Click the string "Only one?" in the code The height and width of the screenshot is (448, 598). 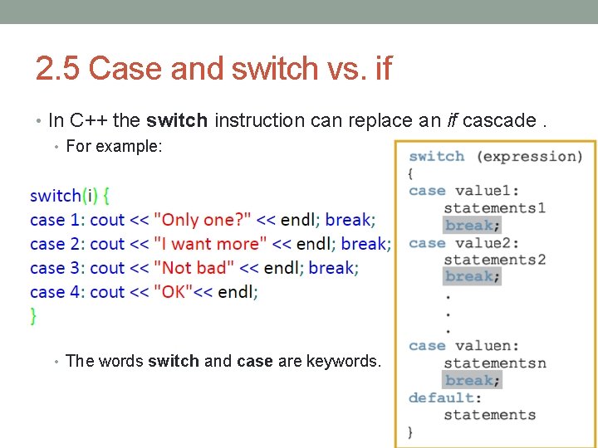click(x=203, y=220)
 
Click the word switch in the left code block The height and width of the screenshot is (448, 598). click(x=55, y=196)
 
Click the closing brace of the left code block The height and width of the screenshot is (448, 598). click(x=33, y=315)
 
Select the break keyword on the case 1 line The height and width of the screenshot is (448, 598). click(x=348, y=220)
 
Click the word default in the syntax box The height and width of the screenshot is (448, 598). click(x=443, y=397)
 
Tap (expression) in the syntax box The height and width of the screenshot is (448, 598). click(x=532, y=156)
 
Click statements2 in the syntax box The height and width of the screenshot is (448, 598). click(x=494, y=260)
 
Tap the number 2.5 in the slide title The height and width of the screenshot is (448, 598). click(x=59, y=69)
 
